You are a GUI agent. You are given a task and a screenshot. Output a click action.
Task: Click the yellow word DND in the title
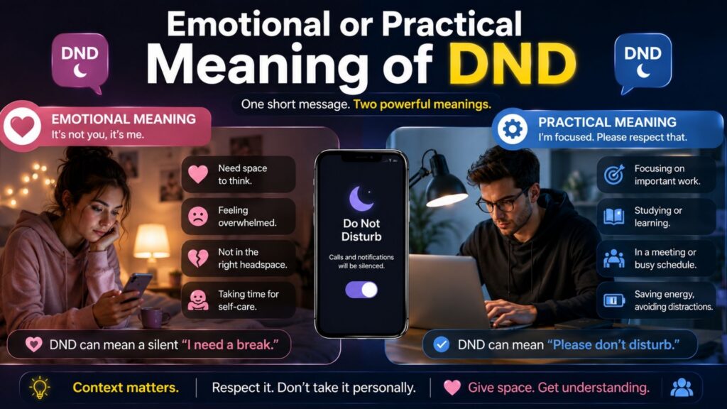[512, 63]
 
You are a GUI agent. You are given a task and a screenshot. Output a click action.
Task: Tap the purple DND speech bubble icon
[80, 62]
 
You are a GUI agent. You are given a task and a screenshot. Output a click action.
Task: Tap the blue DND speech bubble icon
[643, 62]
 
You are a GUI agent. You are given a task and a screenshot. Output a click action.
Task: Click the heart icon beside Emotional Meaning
[22, 126]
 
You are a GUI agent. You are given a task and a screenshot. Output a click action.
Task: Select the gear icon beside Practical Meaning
[513, 129]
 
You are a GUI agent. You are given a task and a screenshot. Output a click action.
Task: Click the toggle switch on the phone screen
[361, 290]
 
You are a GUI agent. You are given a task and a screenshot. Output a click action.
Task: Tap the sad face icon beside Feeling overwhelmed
[198, 217]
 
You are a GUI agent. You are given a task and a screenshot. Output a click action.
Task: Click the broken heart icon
[198, 258]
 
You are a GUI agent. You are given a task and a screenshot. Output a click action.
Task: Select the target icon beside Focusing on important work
[614, 175]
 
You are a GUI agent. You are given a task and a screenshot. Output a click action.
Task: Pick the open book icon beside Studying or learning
[614, 217]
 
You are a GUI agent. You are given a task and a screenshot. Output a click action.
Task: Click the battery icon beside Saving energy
[614, 300]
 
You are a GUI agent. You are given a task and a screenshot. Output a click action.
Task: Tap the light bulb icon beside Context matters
[40, 387]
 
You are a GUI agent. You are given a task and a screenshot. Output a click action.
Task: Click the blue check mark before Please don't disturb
[441, 344]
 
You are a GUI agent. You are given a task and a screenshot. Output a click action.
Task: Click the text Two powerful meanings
[422, 104]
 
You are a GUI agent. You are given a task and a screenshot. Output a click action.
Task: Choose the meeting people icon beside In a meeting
[614, 258]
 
